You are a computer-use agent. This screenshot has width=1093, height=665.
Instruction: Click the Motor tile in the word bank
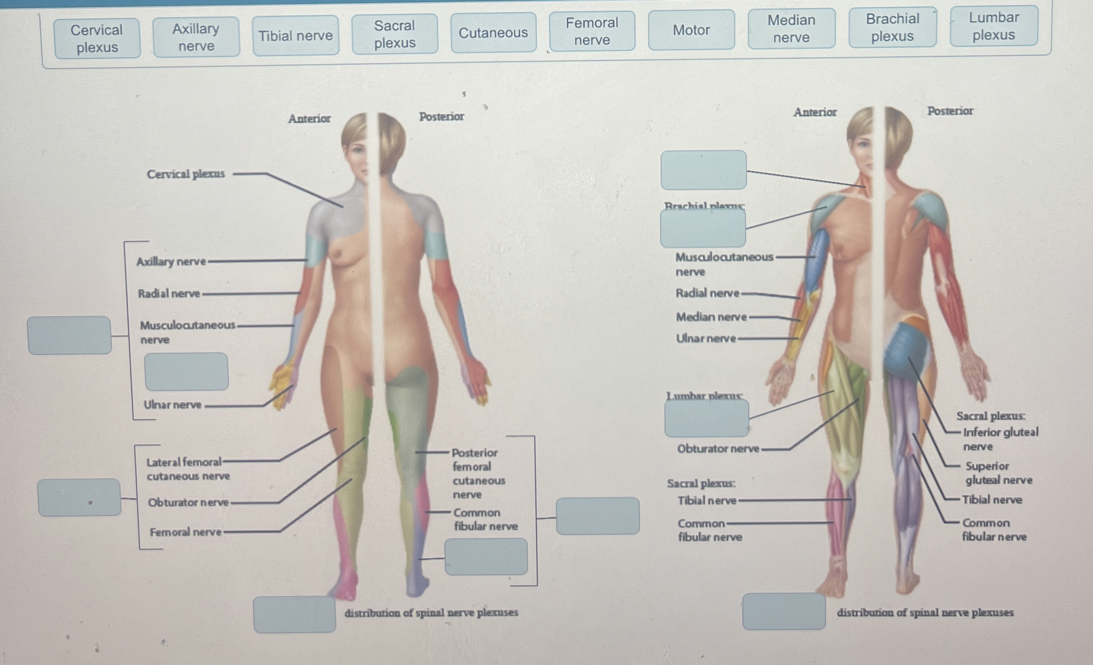tap(691, 30)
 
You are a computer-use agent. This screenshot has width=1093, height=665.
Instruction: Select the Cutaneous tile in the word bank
tap(493, 33)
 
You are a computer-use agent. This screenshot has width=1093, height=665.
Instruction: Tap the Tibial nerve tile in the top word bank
tap(296, 36)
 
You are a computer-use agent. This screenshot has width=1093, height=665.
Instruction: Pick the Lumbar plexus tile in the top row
tap(993, 26)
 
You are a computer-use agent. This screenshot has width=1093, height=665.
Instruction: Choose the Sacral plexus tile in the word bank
tap(395, 34)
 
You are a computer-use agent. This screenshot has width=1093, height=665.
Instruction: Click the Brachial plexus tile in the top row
tap(892, 27)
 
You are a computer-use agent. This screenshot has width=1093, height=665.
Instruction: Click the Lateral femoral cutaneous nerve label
tap(188, 469)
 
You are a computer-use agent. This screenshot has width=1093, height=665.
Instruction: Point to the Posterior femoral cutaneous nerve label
tap(478, 473)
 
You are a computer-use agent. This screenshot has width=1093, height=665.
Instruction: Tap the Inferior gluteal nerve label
tap(1000, 439)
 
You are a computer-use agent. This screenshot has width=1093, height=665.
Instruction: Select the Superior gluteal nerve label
tap(998, 472)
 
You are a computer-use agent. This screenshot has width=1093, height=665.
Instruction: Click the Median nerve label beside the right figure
tap(711, 317)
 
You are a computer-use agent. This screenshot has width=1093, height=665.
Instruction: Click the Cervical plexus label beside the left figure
tap(186, 174)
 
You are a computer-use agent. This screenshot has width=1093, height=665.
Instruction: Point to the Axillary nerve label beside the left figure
tap(171, 261)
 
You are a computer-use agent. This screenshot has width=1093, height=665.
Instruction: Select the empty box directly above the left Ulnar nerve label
tap(186, 371)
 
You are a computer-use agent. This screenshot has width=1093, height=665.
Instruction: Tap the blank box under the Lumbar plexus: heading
tap(707, 418)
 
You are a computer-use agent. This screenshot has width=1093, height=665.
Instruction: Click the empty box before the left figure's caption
tap(295, 614)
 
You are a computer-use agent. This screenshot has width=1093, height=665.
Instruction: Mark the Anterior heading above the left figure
tap(309, 119)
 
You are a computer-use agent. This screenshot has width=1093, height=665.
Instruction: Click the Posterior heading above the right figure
tap(950, 111)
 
